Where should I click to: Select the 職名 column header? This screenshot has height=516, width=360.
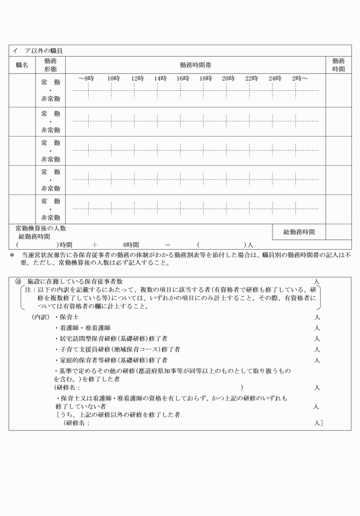pyautogui.click(x=22, y=65)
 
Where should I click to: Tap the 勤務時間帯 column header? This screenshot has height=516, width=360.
pyautogui.click(x=195, y=65)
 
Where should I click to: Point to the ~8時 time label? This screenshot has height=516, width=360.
pyautogui.click(x=86, y=78)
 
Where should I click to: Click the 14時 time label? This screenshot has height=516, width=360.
pyautogui.click(x=159, y=78)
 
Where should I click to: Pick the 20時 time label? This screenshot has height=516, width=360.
pyautogui.click(x=228, y=78)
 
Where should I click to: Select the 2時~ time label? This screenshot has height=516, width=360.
pyautogui.click(x=299, y=78)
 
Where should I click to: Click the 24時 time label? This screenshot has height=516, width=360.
pyautogui.click(x=274, y=78)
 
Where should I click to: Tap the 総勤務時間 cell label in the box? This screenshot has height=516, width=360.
pyautogui.click(x=299, y=232)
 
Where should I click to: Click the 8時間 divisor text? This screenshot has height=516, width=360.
pyautogui.click(x=132, y=244)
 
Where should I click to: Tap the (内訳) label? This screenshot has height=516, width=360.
pyautogui.click(x=41, y=317)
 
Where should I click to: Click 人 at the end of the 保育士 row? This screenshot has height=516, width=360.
pyautogui.click(x=317, y=317)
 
